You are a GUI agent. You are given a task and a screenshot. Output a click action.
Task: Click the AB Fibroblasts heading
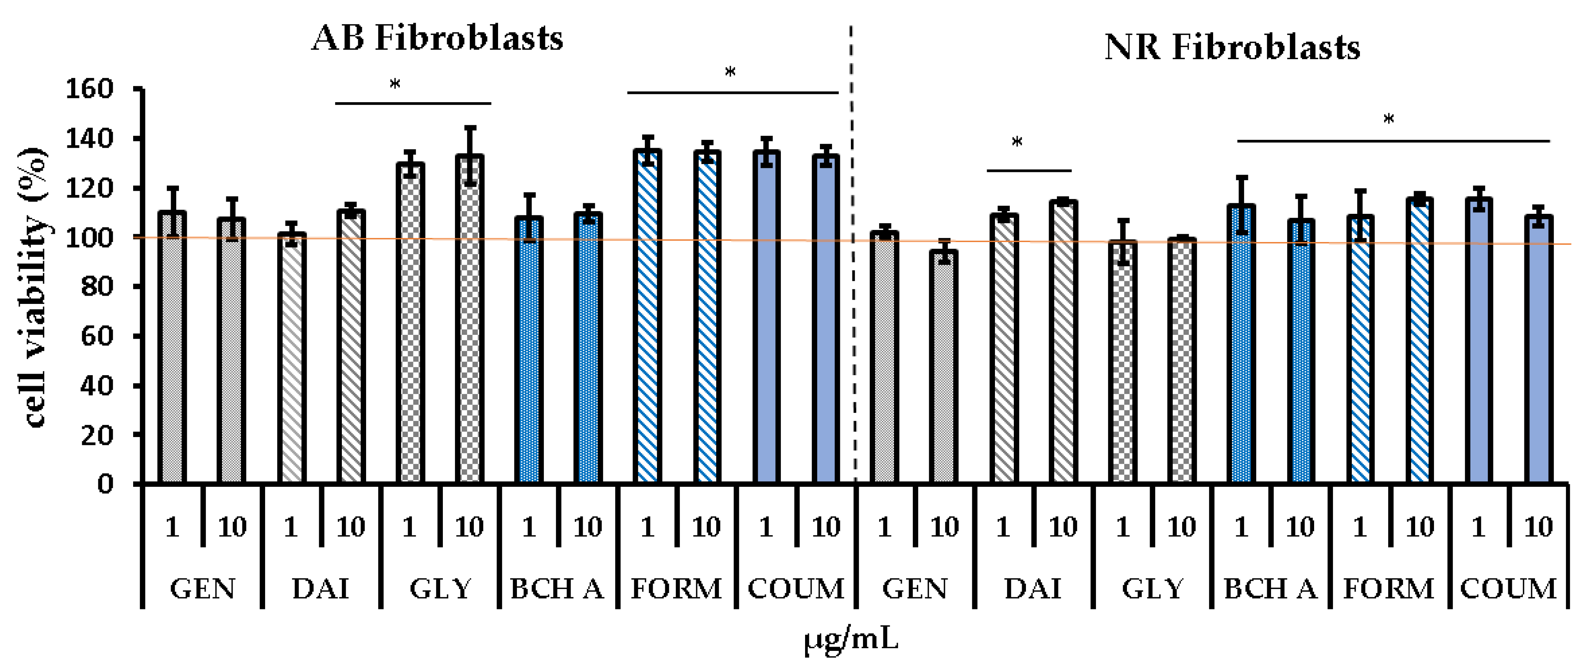point(437,38)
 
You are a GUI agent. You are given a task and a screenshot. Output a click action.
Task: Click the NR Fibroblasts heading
point(1232,47)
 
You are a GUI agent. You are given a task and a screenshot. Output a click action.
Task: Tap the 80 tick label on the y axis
point(98,287)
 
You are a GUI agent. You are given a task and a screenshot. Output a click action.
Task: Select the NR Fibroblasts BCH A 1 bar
point(1241,345)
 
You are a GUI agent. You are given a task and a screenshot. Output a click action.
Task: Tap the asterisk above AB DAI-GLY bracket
point(395,85)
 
